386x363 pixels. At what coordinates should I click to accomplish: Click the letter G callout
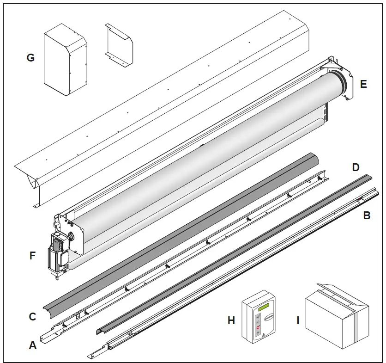30,58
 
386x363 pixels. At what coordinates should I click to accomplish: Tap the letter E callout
363,84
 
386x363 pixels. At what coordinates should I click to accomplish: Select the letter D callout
356,167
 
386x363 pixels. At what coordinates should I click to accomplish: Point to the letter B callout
368,215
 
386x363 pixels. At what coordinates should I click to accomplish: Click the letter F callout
32,255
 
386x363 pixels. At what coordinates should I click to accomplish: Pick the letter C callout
32,317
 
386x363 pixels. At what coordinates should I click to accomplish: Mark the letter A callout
32,345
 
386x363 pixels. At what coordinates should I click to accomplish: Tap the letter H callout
231,320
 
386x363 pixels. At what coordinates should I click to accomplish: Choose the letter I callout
298,320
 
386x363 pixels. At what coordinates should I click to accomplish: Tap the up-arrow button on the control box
258,318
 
